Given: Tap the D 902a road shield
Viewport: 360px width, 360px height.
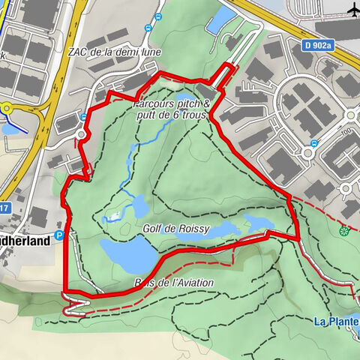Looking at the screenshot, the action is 318,46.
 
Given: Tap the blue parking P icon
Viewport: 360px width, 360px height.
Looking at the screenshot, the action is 61,235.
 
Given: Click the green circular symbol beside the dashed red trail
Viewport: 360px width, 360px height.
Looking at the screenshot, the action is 344,229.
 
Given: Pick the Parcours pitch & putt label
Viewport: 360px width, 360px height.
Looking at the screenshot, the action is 170,109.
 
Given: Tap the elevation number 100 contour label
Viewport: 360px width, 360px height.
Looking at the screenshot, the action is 346,132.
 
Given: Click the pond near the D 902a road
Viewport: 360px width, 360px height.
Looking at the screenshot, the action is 221,23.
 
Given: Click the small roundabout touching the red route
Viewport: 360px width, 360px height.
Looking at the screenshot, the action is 82,134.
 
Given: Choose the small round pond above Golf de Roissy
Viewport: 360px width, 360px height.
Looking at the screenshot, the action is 138,203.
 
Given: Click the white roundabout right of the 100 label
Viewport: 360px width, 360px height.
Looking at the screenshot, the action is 307,152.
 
